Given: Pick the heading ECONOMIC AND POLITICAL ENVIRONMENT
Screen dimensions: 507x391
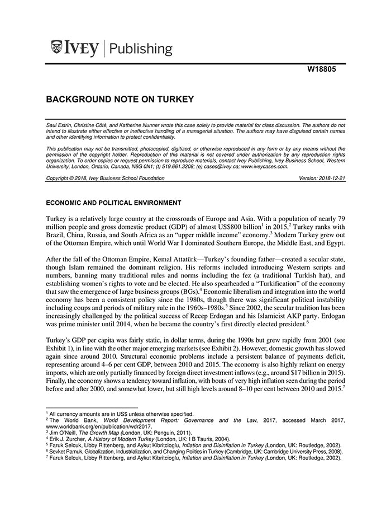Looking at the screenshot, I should (113, 202).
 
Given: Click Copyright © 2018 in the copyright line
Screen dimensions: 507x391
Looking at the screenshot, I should (69, 178).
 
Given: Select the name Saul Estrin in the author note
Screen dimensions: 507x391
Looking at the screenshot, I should (59, 121).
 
